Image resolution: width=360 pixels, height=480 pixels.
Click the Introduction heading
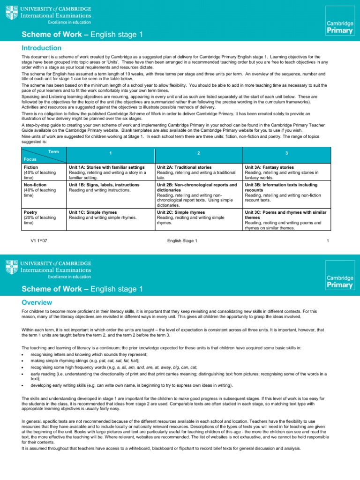(x=42, y=48)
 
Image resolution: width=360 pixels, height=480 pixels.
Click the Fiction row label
(x=30, y=167)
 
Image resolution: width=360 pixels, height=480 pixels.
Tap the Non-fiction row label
(x=35, y=185)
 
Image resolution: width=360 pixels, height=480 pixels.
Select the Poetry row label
(x=30, y=212)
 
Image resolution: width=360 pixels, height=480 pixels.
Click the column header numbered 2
(x=198, y=154)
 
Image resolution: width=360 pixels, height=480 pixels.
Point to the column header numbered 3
(x=286, y=154)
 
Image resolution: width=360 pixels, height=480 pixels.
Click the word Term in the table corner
(x=53, y=151)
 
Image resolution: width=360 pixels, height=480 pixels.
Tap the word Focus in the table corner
(x=30, y=159)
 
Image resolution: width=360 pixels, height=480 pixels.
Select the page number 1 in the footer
(x=328, y=241)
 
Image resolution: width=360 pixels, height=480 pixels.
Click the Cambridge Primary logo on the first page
(x=340, y=27)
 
